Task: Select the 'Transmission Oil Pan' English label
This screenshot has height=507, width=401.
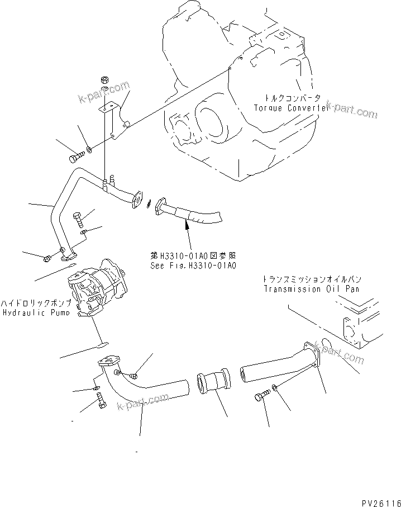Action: pos(311,289)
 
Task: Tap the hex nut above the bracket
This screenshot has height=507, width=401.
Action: pos(104,79)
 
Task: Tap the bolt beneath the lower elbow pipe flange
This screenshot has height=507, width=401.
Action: pos(101,401)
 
